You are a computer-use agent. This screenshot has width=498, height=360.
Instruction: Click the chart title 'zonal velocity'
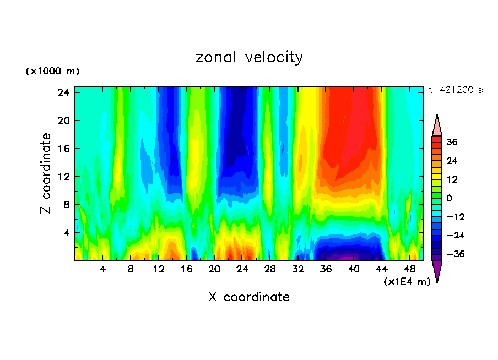(249, 57)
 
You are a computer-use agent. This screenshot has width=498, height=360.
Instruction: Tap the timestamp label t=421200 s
(455, 90)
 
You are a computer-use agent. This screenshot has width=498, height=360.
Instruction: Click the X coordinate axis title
(249, 297)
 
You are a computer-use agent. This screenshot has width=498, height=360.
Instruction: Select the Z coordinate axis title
(46, 173)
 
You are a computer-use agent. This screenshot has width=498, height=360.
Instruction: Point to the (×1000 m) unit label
(52, 72)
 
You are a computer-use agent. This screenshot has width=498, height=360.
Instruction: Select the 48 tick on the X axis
(409, 269)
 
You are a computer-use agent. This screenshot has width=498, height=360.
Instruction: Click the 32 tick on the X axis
(298, 269)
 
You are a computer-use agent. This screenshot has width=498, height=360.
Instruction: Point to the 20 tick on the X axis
(214, 269)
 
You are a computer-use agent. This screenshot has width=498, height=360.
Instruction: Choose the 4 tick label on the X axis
(103, 269)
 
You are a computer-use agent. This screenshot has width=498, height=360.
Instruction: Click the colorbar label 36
(452, 142)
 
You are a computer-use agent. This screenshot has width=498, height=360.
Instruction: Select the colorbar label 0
(450, 198)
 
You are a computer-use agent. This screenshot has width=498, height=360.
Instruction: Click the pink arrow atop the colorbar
(437, 126)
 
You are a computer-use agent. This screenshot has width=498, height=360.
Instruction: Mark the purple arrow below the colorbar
(437, 270)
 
